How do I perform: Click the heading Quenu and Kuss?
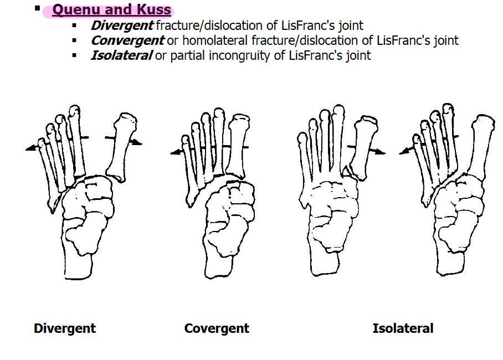tap(111, 10)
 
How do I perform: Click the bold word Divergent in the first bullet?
tap(122, 25)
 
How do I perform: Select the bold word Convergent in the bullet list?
tap(127, 40)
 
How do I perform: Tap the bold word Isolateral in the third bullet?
tap(121, 55)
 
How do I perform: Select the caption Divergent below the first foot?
tap(65, 328)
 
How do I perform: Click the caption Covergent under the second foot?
tap(217, 328)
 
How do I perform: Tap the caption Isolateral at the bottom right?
tap(403, 328)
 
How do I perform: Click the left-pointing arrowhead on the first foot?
tap(29, 148)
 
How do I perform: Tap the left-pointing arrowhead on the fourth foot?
tap(402, 151)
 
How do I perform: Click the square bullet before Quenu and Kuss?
tap(38, 8)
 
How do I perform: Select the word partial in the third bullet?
tap(188, 55)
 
